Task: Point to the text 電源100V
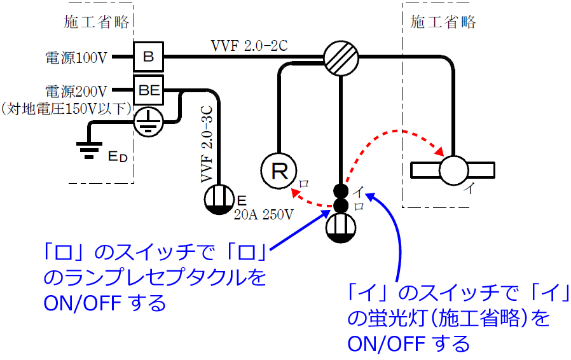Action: (x=76, y=58)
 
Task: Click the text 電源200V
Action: (x=76, y=91)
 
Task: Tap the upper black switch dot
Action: (x=341, y=190)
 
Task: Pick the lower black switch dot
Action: (x=341, y=205)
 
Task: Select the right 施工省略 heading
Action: (x=443, y=23)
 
